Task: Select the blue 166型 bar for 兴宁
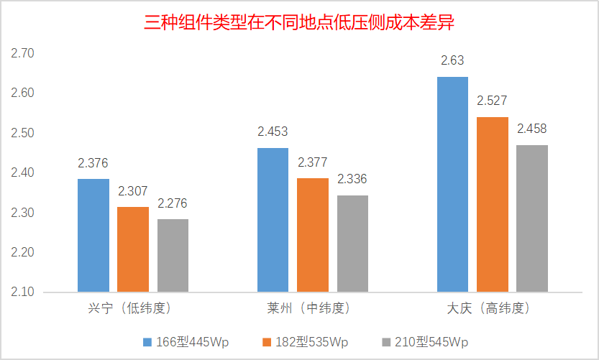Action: (93, 236)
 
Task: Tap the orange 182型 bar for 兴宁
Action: (133, 249)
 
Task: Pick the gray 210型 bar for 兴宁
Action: (173, 255)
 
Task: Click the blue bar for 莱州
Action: (273, 220)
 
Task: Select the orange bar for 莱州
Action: (313, 235)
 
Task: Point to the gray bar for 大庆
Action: (532, 218)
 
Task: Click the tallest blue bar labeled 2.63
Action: (452, 184)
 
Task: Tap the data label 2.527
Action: (493, 101)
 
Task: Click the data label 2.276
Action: (173, 203)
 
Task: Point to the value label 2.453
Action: (273, 132)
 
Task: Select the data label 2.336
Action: (352, 179)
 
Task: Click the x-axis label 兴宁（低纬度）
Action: (133, 309)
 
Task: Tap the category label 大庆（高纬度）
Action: (493, 309)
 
